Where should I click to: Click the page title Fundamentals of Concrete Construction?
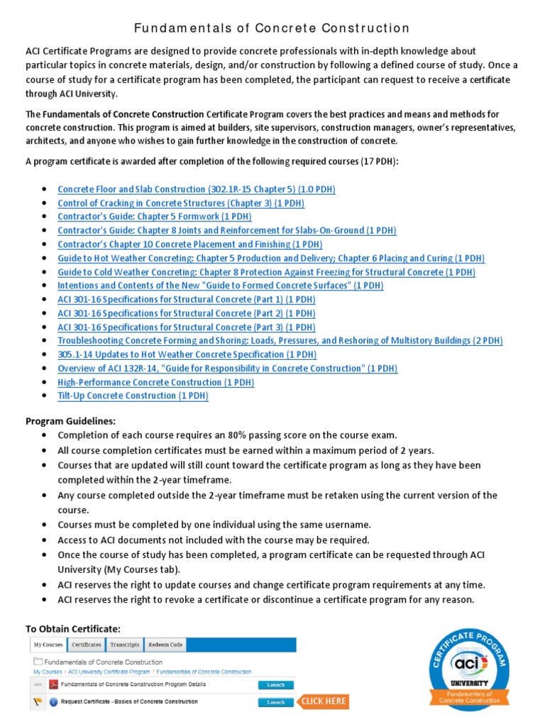pyautogui.click(x=272, y=28)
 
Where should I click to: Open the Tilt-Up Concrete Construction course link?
pyautogui.click(x=133, y=396)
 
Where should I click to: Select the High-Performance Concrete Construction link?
pyautogui.click(x=155, y=382)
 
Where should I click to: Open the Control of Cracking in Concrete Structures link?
pyautogui.click(x=180, y=203)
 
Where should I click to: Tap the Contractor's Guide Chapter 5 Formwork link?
pyautogui.click(x=154, y=217)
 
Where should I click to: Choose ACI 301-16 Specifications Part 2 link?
pyautogui.click(x=186, y=313)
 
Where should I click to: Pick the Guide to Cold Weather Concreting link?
pyautogui.click(x=266, y=272)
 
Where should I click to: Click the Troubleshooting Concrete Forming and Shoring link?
pyautogui.click(x=280, y=341)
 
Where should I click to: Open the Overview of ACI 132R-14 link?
pyautogui.click(x=227, y=368)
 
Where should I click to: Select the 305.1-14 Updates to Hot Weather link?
pyautogui.click(x=187, y=354)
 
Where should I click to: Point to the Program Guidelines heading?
pyautogui.click(x=70, y=421)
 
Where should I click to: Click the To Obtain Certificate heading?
pyautogui.click(x=73, y=629)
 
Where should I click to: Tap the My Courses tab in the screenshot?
pyautogui.click(x=48, y=645)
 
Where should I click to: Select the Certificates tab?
pyautogui.click(x=86, y=645)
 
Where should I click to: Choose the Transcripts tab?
pyautogui.click(x=124, y=645)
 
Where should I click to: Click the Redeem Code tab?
pyautogui.click(x=165, y=645)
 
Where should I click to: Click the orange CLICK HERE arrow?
pyautogui.click(x=323, y=701)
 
